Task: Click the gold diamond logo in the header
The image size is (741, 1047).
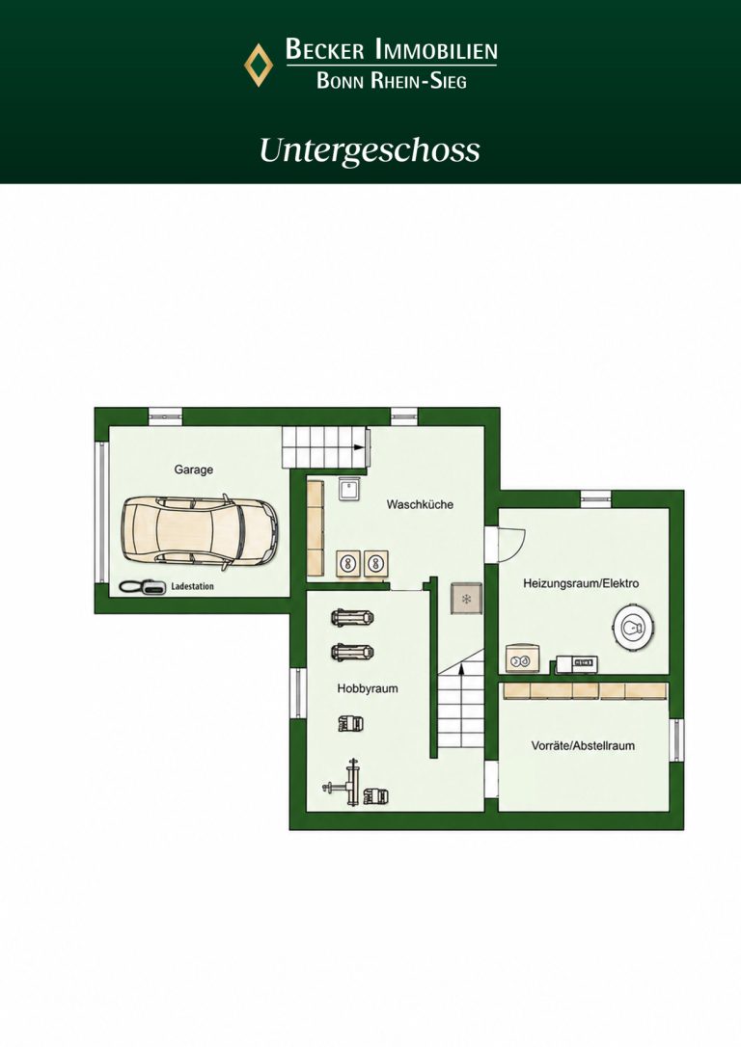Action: (x=259, y=65)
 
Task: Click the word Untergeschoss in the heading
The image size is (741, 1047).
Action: (x=370, y=150)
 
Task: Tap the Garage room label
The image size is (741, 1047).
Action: (x=194, y=470)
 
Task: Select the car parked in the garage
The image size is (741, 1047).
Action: (x=199, y=533)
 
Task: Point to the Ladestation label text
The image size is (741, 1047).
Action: (x=192, y=586)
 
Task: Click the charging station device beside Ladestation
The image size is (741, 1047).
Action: (x=143, y=586)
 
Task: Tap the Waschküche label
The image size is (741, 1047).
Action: (x=420, y=504)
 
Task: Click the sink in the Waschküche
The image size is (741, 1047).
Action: (x=349, y=490)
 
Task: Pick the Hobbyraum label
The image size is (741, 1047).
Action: (x=368, y=688)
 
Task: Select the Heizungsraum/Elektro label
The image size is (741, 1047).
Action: (x=581, y=583)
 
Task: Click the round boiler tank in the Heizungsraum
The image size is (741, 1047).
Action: (x=634, y=627)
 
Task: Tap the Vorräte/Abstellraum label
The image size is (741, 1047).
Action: (x=583, y=745)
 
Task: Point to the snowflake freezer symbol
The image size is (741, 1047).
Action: (x=466, y=599)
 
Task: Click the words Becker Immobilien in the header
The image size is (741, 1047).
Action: (x=391, y=49)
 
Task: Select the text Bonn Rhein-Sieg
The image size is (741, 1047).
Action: (x=391, y=80)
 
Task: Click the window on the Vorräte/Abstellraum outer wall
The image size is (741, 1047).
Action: (x=677, y=740)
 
